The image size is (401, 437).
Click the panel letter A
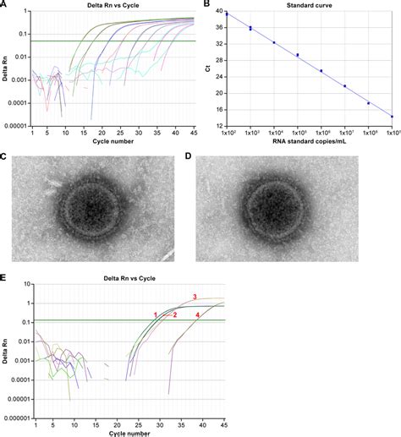pyautogui.click(x=4, y=4)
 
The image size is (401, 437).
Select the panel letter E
pyautogui.click(x=4, y=277)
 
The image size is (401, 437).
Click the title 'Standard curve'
pyautogui.click(x=301, y=5)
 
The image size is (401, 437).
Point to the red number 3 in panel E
pyautogui.click(x=195, y=297)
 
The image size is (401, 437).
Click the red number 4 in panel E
pyautogui.click(x=198, y=315)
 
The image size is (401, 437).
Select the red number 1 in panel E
pyautogui.click(x=156, y=314)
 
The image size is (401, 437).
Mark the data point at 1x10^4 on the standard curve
pyautogui.click(x=274, y=42)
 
